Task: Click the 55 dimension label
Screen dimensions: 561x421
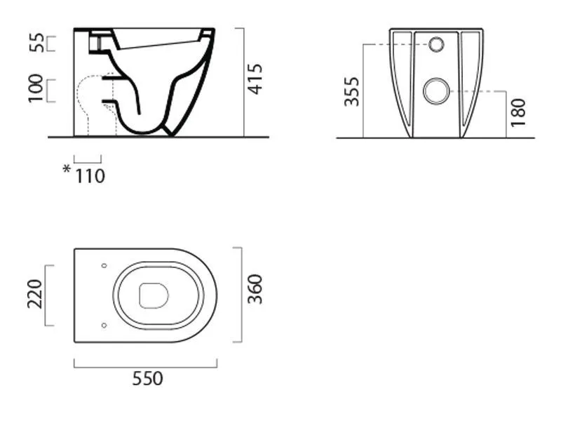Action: pos(36,43)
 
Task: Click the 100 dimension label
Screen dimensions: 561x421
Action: pos(36,88)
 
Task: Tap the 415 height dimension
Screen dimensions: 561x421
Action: pos(255,79)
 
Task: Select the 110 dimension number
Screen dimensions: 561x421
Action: pos(90,176)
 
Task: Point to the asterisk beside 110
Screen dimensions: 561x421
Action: pos(67,169)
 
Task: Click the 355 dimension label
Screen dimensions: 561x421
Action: pos(351,92)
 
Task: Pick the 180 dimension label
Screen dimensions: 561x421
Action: pos(518,112)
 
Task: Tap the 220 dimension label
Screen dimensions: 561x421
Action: pos(34,294)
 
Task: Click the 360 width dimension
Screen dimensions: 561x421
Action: pos(255,289)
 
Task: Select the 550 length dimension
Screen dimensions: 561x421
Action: pos(147,378)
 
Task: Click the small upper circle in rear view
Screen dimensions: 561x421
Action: pos(436,44)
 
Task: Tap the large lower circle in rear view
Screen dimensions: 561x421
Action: pos(436,91)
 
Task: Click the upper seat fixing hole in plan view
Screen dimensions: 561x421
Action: pos(104,266)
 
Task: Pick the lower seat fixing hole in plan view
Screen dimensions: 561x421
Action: pos(104,326)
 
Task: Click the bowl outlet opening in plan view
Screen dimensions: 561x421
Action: pos(154,295)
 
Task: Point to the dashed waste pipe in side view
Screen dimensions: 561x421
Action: pos(97,106)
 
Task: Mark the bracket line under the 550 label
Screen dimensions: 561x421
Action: pos(146,367)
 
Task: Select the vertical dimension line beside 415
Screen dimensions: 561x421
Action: pos(244,82)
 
